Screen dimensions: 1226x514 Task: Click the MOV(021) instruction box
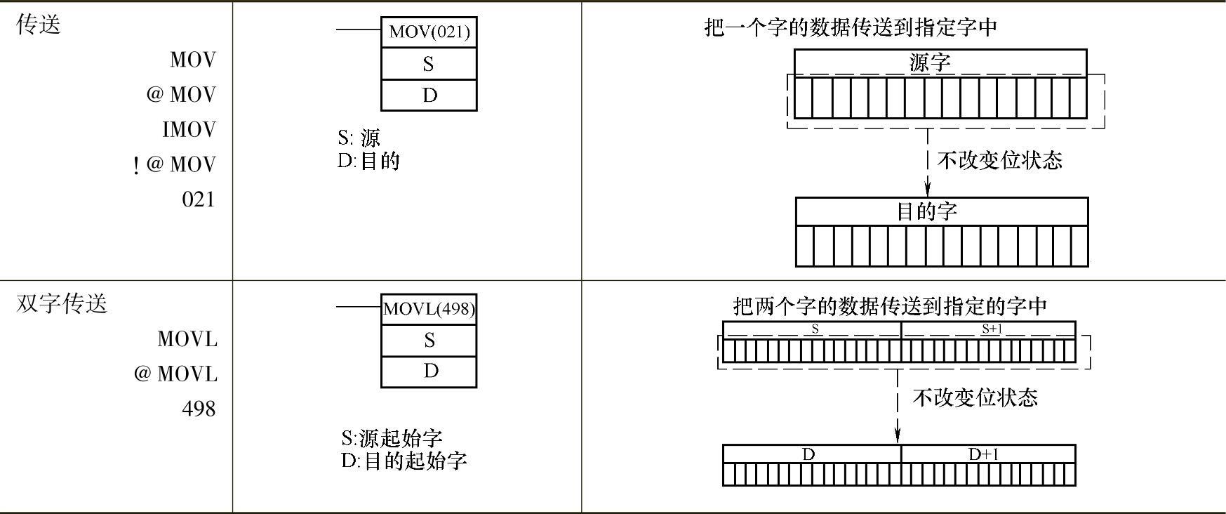click(429, 32)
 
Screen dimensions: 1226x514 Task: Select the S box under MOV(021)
click(429, 64)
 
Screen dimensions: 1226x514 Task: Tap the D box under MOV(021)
click(429, 95)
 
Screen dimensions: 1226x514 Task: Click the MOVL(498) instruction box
click(429, 309)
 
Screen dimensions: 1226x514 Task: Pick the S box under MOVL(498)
click(429, 341)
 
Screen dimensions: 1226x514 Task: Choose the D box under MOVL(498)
click(429, 371)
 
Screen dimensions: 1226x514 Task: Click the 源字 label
click(930, 62)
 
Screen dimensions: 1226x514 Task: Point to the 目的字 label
click(927, 211)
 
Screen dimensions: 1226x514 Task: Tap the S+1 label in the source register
click(990, 329)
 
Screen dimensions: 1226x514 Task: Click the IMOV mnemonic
click(189, 129)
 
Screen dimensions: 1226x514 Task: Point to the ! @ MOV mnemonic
click(175, 164)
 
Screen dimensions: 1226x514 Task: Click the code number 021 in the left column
click(198, 199)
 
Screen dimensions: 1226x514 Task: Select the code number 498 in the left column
click(198, 408)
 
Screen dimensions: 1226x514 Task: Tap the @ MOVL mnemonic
click(175, 374)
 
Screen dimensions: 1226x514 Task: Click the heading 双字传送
click(62, 304)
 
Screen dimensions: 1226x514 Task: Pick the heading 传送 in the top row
click(39, 25)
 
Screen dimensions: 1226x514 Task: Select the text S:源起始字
click(392, 438)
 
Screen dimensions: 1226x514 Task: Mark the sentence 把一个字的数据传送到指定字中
click(851, 27)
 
